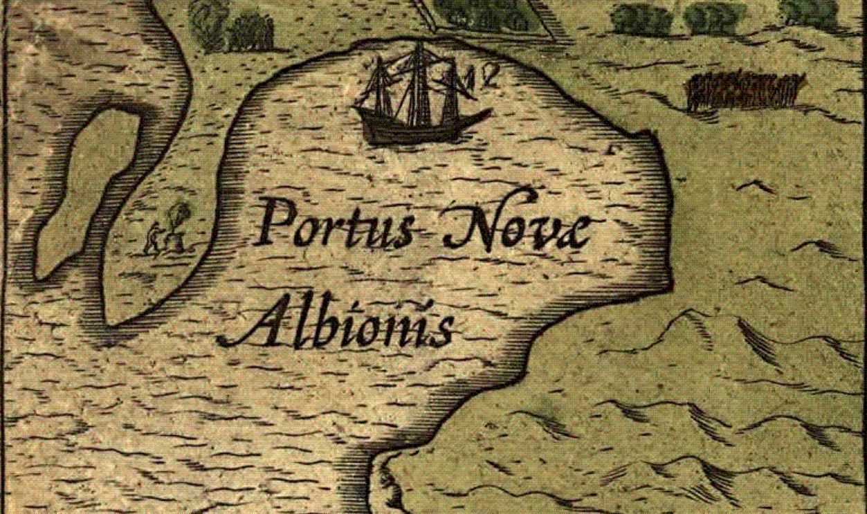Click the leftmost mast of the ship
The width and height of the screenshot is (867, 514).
[383, 86]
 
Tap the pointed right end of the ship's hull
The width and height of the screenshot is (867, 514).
[489, 111]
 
